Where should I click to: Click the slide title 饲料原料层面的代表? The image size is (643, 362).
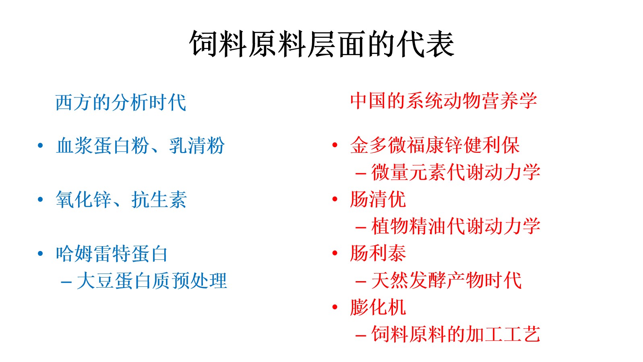(321, 44)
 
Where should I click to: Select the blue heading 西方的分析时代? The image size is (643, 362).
(121, 103)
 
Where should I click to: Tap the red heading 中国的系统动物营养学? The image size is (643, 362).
(444, 101)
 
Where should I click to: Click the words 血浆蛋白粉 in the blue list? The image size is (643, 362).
(103, 146)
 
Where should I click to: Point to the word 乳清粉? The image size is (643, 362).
(196, 146)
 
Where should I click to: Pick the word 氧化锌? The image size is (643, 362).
(83, 200)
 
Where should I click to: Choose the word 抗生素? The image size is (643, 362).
(159, 200)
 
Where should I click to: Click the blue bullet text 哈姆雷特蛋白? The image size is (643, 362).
(112, 253)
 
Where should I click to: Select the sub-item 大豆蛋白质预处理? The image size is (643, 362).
(152, 280)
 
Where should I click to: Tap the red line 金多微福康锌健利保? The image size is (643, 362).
(435, 145)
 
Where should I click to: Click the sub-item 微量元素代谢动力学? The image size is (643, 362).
(455, 172)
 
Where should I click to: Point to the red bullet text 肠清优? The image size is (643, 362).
(378, 199)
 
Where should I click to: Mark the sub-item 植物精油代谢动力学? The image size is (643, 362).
(455, 226)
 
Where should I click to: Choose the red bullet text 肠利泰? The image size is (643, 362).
(378, 253)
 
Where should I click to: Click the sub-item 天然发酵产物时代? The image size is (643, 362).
(447, 280)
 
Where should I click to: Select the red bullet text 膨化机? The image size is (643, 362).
(378, 307)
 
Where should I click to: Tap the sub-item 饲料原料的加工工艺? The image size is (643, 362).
(455, 334)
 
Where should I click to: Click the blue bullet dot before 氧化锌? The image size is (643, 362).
(41, 200)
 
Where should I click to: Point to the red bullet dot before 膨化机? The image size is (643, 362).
(335, 307)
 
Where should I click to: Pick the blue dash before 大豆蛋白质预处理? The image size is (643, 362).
(66, 282)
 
